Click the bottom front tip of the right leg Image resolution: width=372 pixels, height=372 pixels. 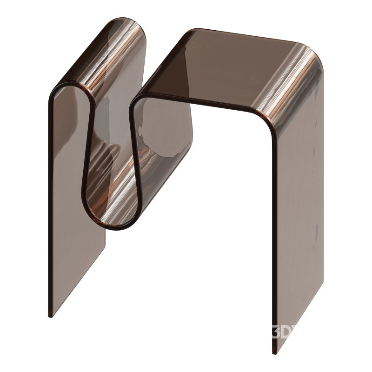[x=274, y=352]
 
